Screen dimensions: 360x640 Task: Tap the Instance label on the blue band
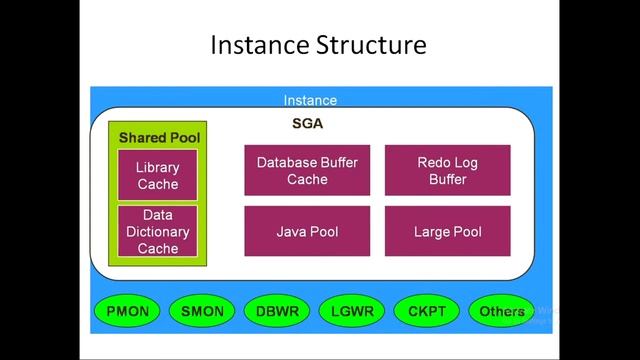[310, 100]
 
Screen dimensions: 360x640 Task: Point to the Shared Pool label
[159, 137]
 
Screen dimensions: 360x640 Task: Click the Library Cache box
[158, 175]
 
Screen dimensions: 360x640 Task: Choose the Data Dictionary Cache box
[158, 231]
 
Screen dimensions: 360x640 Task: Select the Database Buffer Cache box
[307, 170]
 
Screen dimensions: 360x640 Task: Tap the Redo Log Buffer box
[447, 170]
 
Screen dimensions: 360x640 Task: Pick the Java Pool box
[307, 231]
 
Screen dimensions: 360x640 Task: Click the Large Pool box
[447, 231]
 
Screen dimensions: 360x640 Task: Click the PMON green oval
[127, 311]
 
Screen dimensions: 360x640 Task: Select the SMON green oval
[202, 311]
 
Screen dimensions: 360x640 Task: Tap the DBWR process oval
[277, 311]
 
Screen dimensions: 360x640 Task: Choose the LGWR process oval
[352, 311]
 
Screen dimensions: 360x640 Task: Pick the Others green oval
[502, 311]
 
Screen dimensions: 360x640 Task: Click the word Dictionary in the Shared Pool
[158, 231]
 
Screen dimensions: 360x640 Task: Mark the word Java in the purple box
[292, 232]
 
